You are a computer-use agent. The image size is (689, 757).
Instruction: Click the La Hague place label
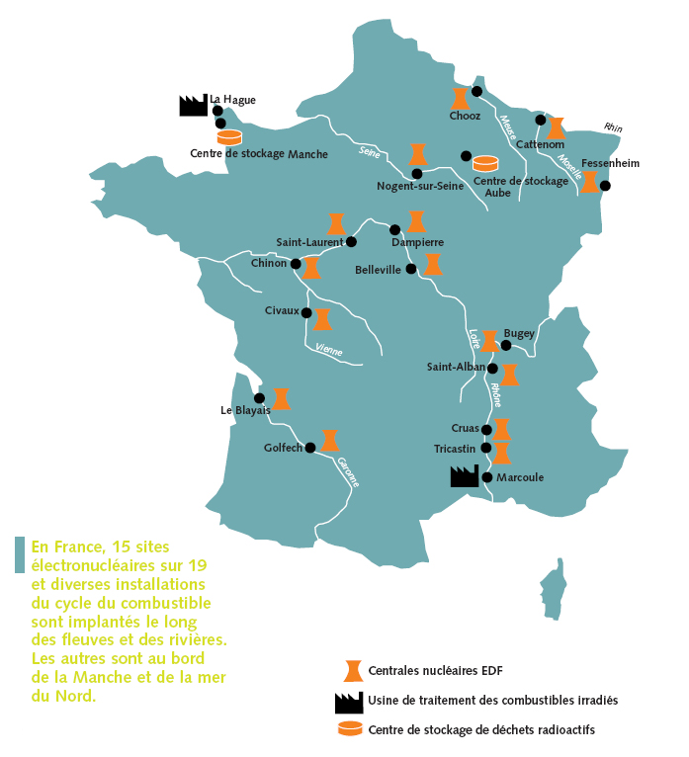click(232, 100)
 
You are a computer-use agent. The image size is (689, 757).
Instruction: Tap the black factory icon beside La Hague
click(192, 106)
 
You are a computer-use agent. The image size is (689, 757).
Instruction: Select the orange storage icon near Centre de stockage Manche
click(229, 136)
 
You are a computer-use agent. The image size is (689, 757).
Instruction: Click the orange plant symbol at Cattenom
click(556, 127)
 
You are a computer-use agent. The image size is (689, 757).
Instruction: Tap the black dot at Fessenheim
click(605, 186)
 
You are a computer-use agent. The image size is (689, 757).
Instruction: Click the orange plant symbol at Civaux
click(321, 318)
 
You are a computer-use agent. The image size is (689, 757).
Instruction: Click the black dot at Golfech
click(309, 447)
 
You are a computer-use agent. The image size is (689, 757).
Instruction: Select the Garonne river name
click(348, 471)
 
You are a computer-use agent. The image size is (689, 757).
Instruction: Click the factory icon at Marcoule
click(464, 475)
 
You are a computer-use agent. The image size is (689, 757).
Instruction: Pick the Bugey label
click(519, 334)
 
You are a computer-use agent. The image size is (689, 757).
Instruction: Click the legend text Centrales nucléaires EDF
click(436, 671)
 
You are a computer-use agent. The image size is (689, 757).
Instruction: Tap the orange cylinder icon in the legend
click(349, 729)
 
